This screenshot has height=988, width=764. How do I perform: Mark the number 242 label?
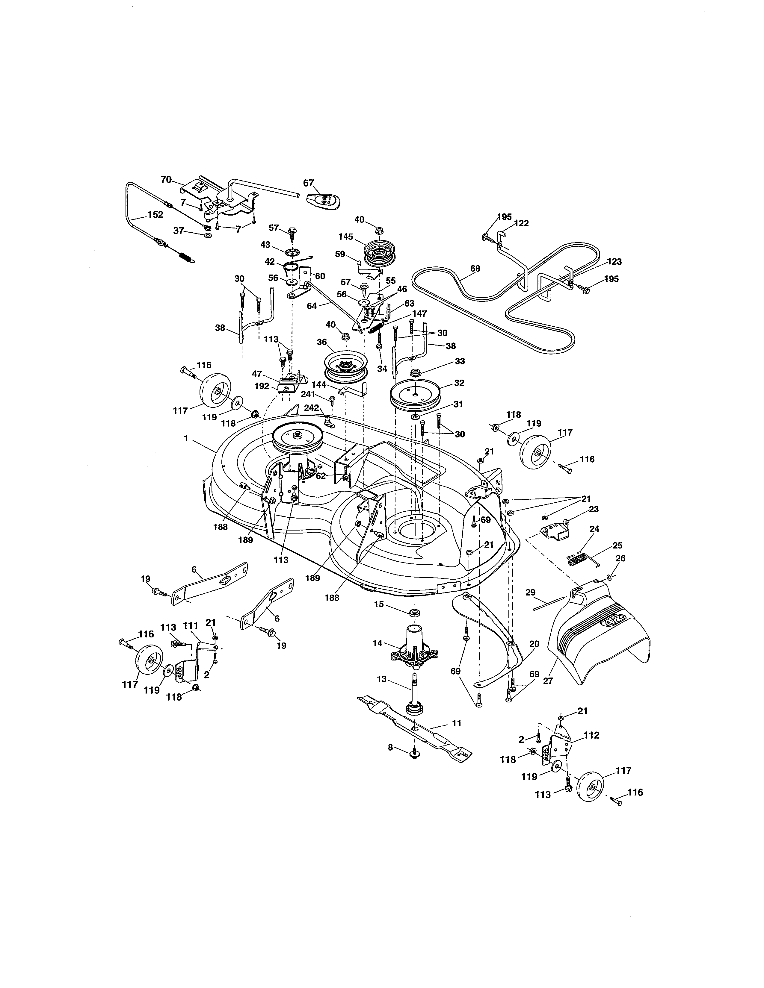point(311,407)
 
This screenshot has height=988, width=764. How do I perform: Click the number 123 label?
point(614,261)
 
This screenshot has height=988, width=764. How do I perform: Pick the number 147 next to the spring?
point(419,313)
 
